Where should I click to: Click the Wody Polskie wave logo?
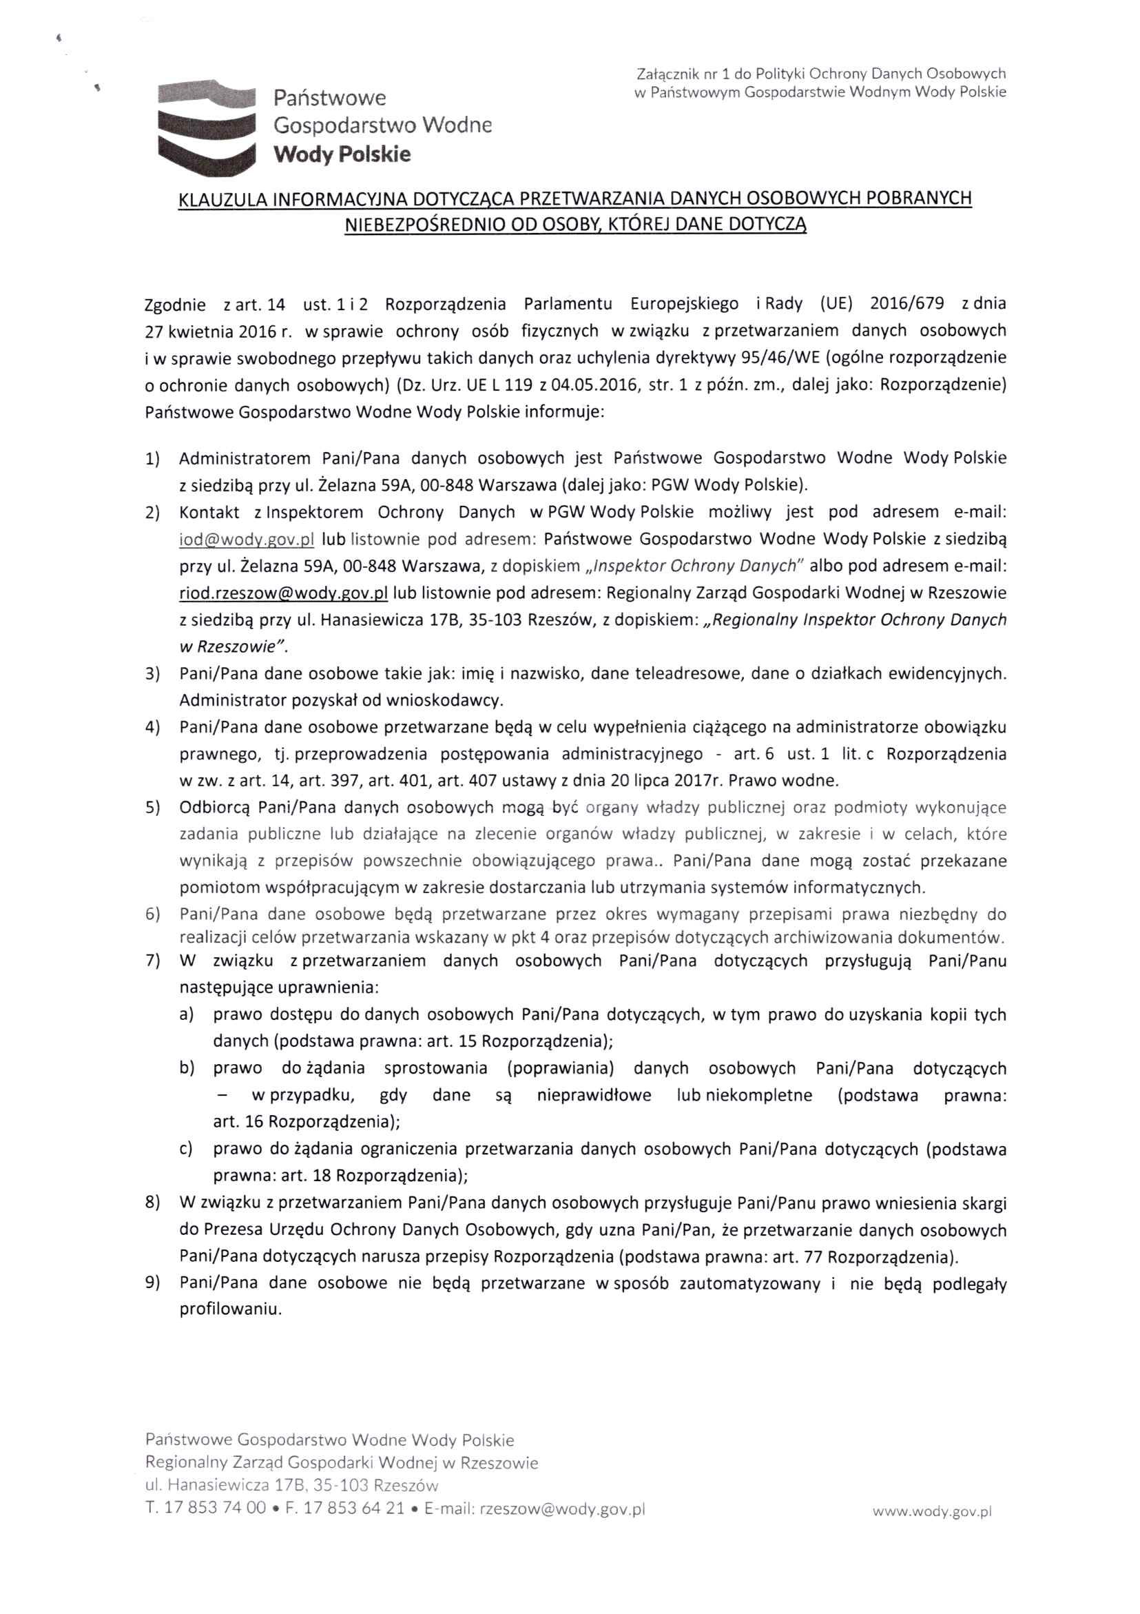pyautogui.click(x=205, y=127)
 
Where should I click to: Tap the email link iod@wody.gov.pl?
pyautogui.click(x=247, y=539)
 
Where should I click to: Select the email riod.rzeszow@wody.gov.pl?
pyautogui.click(x=283, y=593)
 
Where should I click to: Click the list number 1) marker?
pyautogui.click(x=152, y=459)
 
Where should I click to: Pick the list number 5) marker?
pyautogui.click(x=152, y=808)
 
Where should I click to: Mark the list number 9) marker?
pyautogui.click(x=152, y=1283)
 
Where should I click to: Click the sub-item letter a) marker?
pyautogui.click(x=186, y=1014)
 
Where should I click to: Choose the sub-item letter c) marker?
pyautogui.click(x=186, y=1149)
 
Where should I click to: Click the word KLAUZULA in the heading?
pyautogui.click(x=222, y=200)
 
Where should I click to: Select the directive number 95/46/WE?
pyautogui.click(x=782, y=358)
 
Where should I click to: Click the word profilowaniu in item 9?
pyautogui.click(x=231, y=1309)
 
